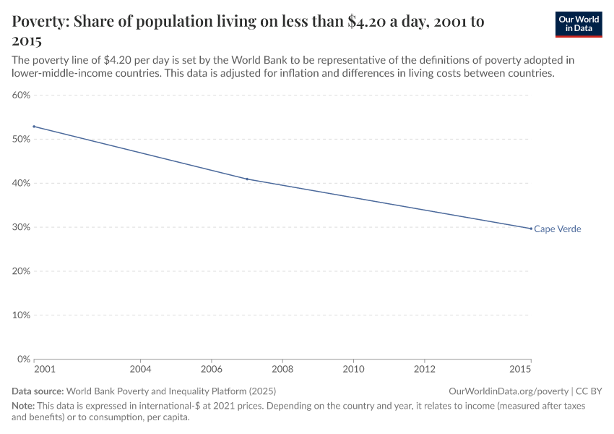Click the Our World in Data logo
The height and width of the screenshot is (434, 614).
coord(578,24)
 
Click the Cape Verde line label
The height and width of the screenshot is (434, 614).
coord(558,229)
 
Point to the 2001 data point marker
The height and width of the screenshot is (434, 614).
coord(34,127)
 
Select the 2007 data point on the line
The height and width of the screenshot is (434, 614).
coord(247,179)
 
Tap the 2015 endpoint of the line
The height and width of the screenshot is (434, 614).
coord(531,229)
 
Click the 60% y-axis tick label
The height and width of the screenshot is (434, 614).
coord(21,95)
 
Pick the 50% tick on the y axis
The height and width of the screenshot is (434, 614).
coord(21,139)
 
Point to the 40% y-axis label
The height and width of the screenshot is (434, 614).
coord(21,183)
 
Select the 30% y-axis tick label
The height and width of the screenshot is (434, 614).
coord(21,227)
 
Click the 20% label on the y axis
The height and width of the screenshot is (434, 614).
coord(21,271)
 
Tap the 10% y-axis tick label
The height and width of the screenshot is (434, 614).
coord(21,315)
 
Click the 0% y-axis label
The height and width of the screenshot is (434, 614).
coord(23,359)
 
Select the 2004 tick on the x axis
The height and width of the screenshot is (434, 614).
coord(140,370)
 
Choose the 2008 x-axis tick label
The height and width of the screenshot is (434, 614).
coord(282,370)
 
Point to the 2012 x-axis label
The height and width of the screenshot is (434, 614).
coord(425,370)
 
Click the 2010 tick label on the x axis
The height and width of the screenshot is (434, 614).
coord(353,370)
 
